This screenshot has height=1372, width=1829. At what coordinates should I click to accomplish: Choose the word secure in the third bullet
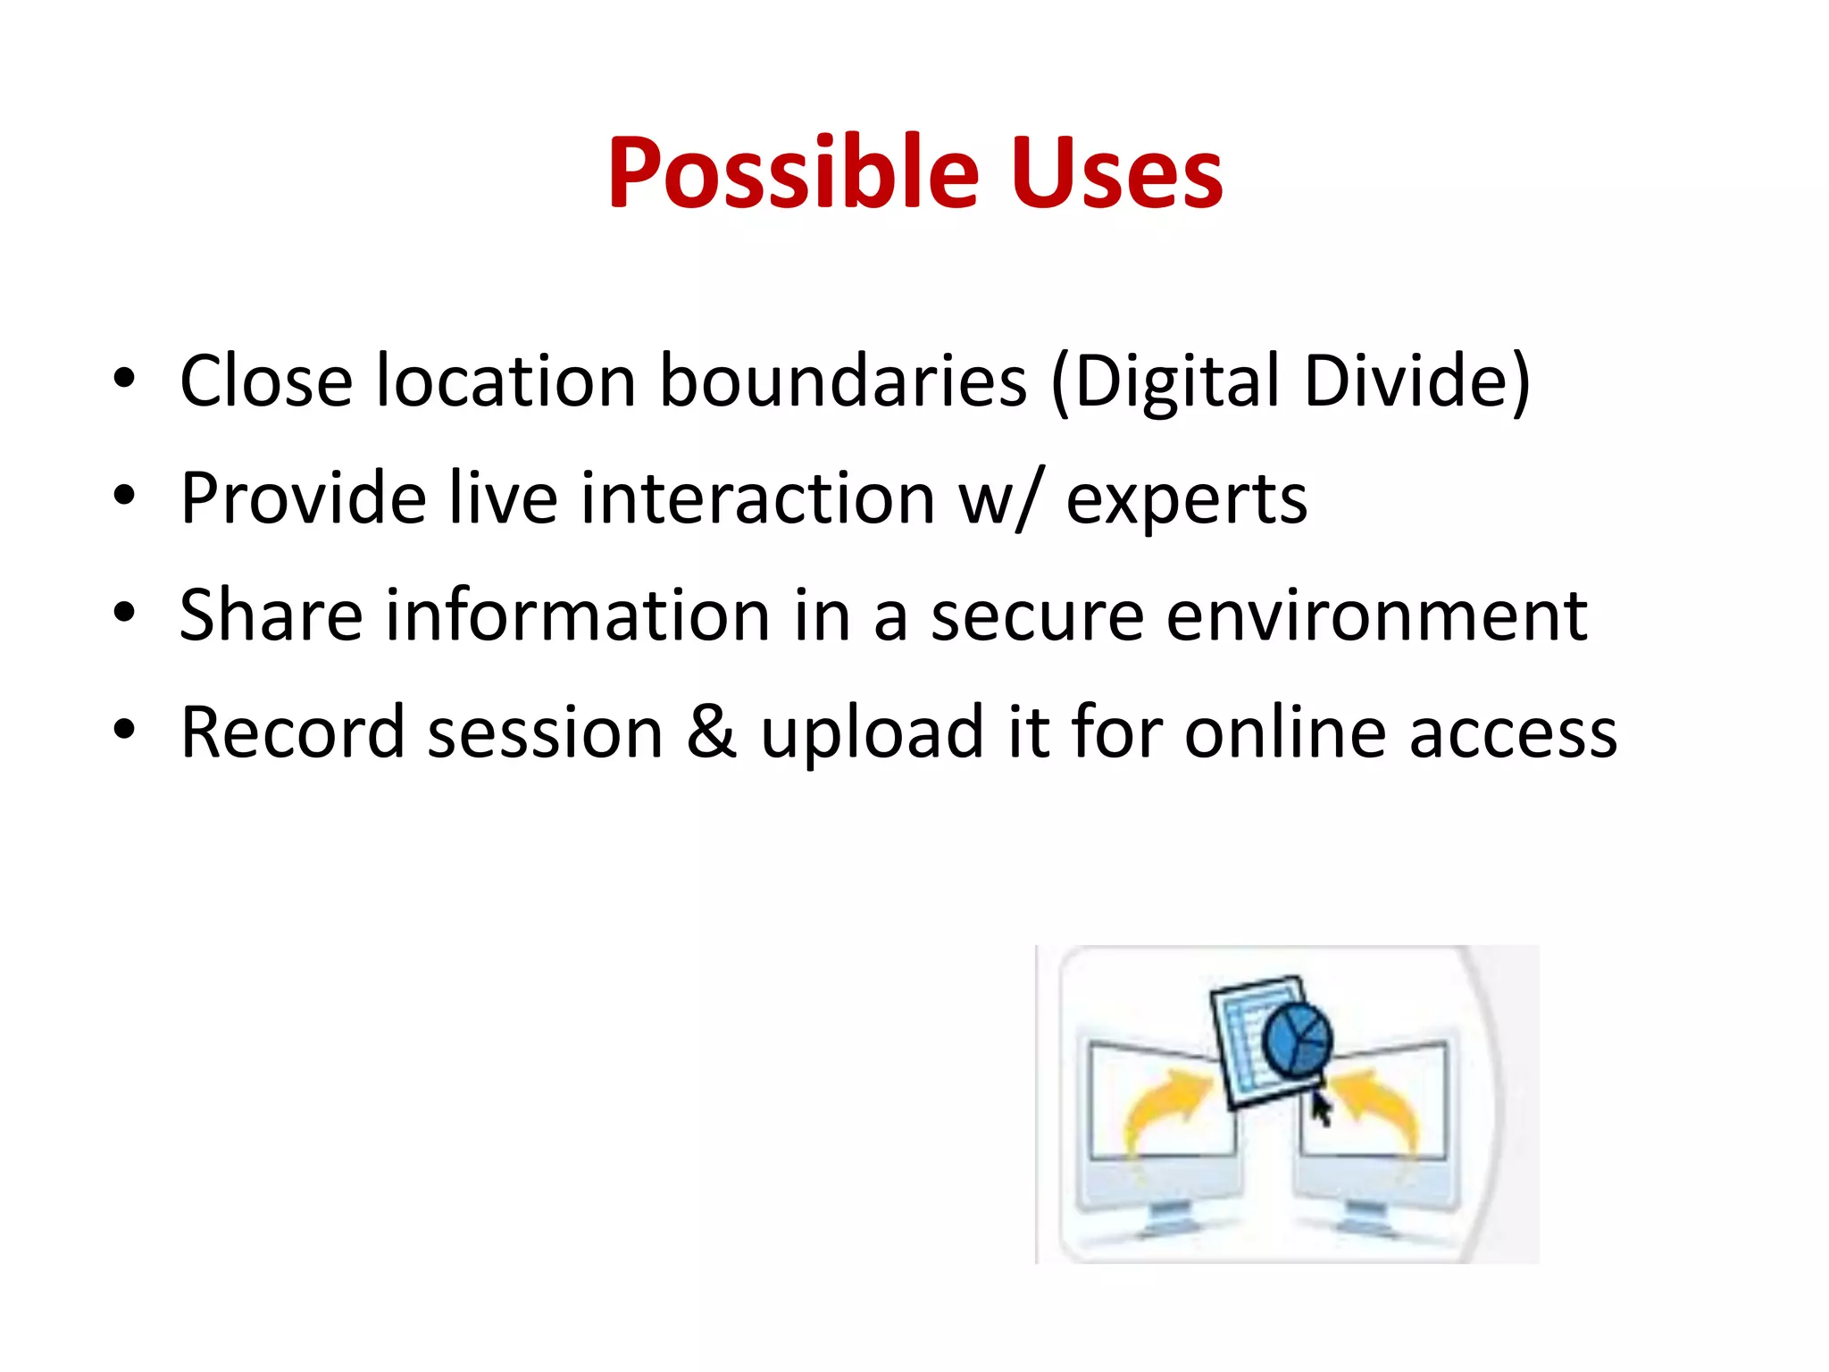coord(1037,616)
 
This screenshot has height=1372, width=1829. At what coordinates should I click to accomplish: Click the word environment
coord(1376,616)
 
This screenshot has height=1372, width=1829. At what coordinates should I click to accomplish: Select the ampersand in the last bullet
coord(712,732)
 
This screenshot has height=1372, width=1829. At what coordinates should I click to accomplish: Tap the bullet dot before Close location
coord(124,379)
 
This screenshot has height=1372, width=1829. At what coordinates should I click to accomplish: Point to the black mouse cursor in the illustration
coord(1321,1108)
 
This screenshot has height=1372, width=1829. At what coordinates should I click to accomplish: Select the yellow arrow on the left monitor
coord(1165,1108)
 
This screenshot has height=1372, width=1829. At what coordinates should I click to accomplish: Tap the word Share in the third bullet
coord(271,616)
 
